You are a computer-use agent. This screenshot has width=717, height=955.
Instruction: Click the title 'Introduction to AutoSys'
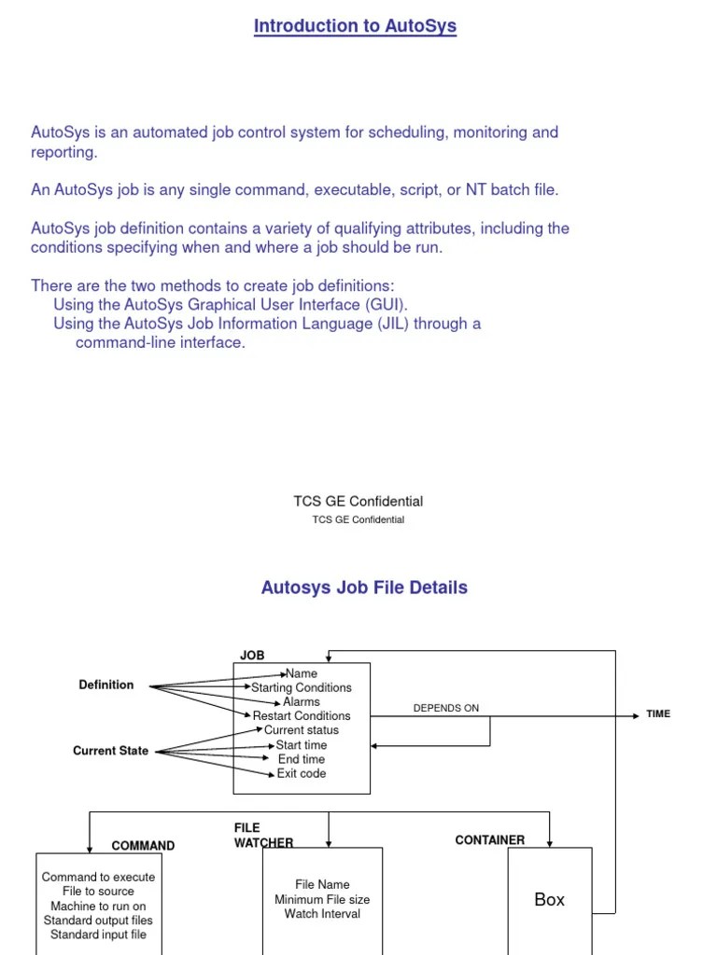pos(355,26)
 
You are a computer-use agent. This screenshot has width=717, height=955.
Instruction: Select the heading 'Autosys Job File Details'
pos(364,588)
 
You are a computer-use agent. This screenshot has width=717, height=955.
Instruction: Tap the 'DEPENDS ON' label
pos(445,708)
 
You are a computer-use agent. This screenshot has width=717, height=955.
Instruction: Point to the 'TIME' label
pos(658,714)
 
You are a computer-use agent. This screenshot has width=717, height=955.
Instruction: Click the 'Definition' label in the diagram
pos(106,685)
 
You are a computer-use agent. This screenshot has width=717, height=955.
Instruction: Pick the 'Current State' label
pos(110,751)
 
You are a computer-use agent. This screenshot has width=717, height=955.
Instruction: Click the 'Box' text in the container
pos(549,900)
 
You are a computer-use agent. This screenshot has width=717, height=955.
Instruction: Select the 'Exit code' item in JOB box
pos(302,773)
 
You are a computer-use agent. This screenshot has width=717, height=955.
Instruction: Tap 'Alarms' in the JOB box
pos(302,701)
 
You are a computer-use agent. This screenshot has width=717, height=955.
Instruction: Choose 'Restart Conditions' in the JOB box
pos(302,715)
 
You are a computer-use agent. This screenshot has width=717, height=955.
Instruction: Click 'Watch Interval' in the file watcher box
pos(322,914)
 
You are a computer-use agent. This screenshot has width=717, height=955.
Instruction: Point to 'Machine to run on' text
pos(98,906)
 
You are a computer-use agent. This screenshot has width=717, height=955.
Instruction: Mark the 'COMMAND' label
pos(143,846)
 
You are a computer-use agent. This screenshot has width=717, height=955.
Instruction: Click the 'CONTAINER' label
pos(489,839)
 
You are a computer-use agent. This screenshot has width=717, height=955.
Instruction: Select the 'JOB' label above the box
pos(252,656)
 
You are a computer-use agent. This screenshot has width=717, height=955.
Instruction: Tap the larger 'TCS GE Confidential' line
pos(358,502)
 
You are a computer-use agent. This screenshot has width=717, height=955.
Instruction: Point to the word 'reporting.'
pos(64,152)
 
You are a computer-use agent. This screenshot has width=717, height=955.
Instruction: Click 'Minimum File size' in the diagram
pos(322,900)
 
